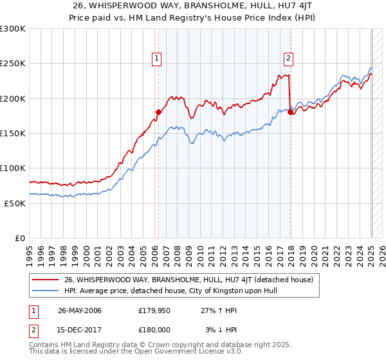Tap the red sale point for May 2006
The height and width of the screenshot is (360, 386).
click(158, 112)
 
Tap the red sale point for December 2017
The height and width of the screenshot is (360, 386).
click(291, 112)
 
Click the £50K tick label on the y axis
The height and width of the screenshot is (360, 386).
click(15, 203)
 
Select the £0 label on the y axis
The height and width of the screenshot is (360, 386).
click(21, 238)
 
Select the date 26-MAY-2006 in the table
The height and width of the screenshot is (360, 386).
click(79, 310)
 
